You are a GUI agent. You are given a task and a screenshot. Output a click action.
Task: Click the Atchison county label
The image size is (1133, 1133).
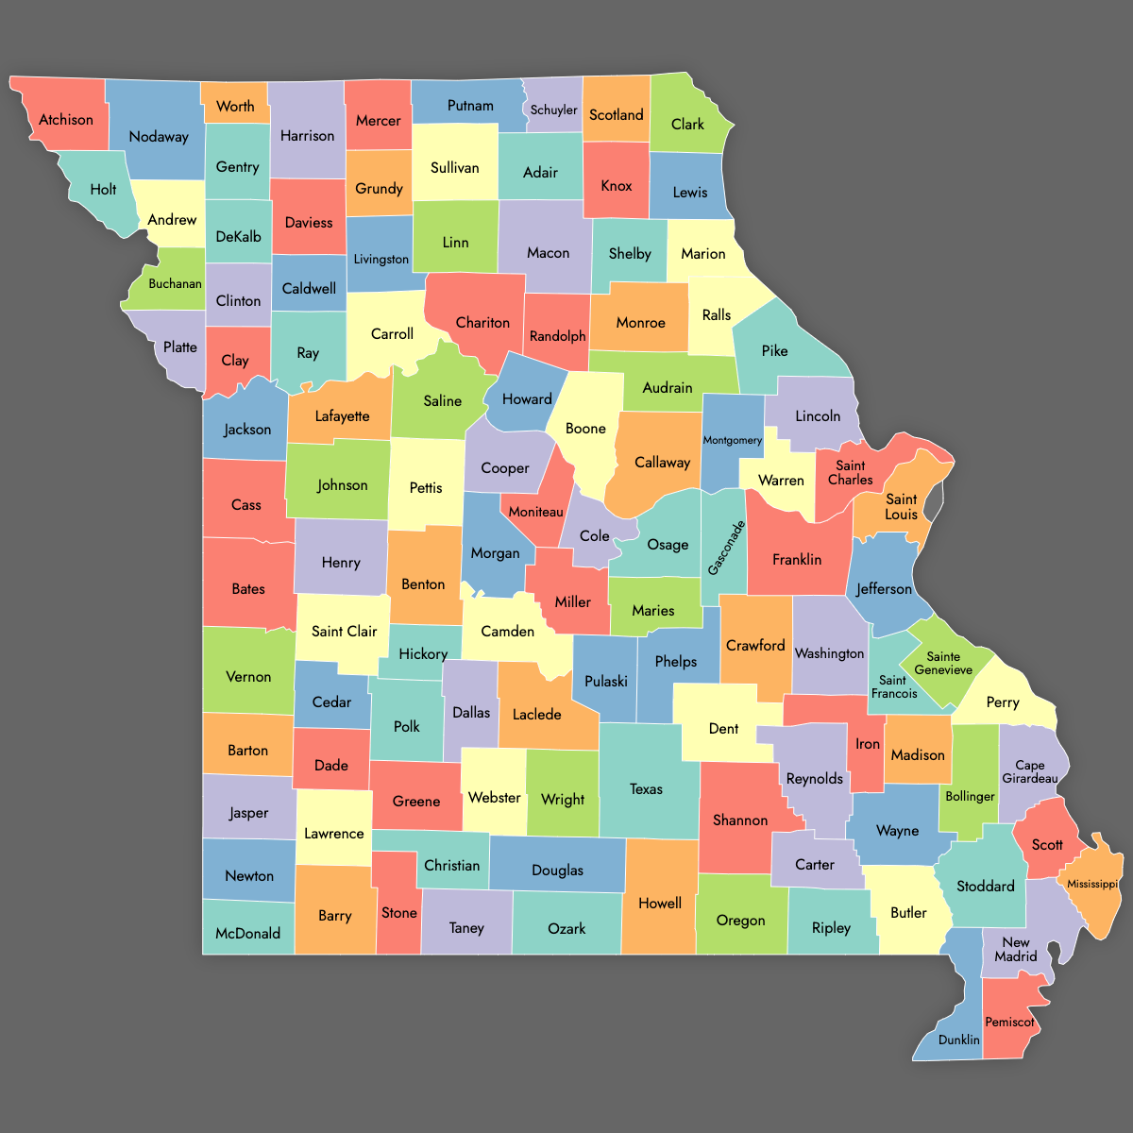coord(66,120)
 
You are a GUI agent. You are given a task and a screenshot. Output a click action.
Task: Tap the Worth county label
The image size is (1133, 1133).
coord(235,106)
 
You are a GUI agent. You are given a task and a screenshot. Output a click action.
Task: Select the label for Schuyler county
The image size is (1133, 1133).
coord(553,110)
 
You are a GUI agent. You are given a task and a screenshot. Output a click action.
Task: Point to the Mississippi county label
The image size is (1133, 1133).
coord(1092,884)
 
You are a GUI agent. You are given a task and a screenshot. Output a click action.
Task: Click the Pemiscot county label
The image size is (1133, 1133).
coord(1009,1022)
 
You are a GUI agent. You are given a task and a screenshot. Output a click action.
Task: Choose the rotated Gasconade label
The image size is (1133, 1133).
coord(726,548)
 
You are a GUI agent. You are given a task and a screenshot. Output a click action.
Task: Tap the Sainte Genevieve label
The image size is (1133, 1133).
coord(943,663)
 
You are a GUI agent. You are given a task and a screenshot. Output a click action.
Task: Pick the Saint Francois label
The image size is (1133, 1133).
coord(894,686)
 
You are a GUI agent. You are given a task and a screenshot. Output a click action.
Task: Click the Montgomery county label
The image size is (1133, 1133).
coord(732,440)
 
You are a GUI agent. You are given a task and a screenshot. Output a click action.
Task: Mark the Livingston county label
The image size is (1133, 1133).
coord(381,259)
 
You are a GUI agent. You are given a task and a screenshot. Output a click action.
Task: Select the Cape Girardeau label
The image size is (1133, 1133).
coord(1030,771)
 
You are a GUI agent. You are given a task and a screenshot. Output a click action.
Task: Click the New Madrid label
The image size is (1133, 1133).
coord(1016,949)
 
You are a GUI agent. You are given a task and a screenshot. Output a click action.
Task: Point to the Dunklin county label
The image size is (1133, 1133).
coord(959,1040)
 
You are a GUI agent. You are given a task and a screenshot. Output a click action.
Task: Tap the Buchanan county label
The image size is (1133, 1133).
coord(175,283)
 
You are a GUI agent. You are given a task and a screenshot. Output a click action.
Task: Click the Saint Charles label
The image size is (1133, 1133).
coord(851,472)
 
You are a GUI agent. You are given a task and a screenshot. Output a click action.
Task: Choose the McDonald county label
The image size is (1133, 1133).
coord(247,933)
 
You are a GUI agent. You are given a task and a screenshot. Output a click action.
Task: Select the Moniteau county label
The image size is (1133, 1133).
coord(535,512)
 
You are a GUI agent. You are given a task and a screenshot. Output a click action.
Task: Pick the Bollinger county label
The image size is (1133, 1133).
coord(970,796)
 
